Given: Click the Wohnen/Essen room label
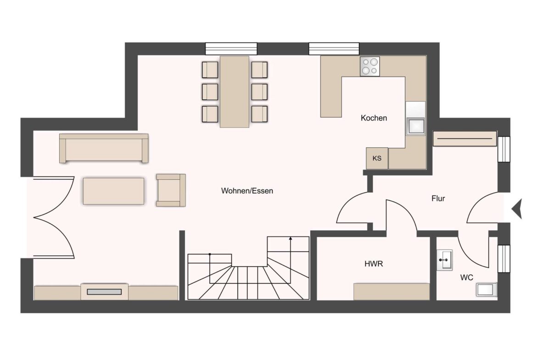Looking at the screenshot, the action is pyautogui.click(x=247, y=191).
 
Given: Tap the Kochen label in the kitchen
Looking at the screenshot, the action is pyautogui.click(x=374, y=118).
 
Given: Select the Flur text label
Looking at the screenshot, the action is pyautogui.click(x=438, y=199).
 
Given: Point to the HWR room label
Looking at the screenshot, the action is pyautogui.click(x=374, y=264).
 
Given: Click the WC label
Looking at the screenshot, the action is pyautogui.click(x=466, y=277).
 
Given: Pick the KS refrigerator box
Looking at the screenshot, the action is pyautogui.click(x=377, y=158).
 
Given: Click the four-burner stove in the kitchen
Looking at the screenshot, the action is pyautogui.click(x=370, y=66).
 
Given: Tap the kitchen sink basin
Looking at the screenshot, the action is pyautogui.click(x=415, y=126).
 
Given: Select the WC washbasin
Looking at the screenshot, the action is pyautogui.click(x=445, y=260).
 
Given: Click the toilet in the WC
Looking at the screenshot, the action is pyautogui.click(x=486, y=289).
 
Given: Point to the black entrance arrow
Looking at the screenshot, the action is pyautogui.click(x=517, y=208).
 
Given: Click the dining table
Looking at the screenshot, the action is pyautogui.click(x=234, y=92).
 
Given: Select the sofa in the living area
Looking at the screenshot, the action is pyautogui.click(x=104, y=148).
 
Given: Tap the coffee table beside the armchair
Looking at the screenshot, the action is pyautogui.click(x=113, y=191).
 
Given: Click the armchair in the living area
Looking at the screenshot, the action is pyautogui.click(x=171, y=190).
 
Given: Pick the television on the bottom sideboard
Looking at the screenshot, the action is pyautogui.click(x=104, y=292).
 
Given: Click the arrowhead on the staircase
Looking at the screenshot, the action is pyautogui.click(x=291, y=238).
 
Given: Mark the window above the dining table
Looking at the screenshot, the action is pyautogui.click(x=231, y=49).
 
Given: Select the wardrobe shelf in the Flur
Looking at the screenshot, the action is pyautogui.click(x=465, y=138).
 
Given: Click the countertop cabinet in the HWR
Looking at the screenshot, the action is pyautogui.click(x=392, y=292).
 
